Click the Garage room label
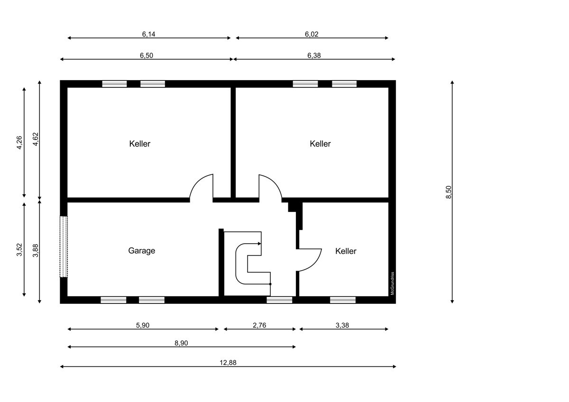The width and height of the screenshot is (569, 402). pyautogui.click(x=141, y=251)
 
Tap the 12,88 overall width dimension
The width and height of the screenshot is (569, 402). pyautogui.click(x=228, y=363)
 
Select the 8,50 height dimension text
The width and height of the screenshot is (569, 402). pyautogui.click(x=449, y=192)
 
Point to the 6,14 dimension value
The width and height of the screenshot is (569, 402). pyautogui.click(x=148, y=34)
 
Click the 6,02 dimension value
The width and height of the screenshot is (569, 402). pyautogui.click(x=312, y=34)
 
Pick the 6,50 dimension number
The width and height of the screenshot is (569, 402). pyautogui.click(x=147, y=55)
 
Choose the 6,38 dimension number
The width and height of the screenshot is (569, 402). pyautogui.click(x=314, y=55)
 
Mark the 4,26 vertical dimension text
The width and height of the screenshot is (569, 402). pyautogui.click(x=19, y=143)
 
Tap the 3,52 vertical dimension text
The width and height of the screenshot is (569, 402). pyautogui.click(x=19, y=250)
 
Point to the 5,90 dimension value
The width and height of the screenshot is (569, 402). pyautogui.click(x=143, y=325)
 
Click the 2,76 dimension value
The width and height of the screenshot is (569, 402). pyautogui.click(x=259, y=325)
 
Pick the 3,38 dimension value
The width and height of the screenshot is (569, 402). pyautogui.click(x=342, y=325)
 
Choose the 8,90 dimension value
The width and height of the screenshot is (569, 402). pyautogui.click(x=181, y=343)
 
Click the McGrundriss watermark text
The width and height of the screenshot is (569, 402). pyautogui.click(x=392, y=283)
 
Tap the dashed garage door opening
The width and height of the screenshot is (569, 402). pyautogui.click(x=64, y=247)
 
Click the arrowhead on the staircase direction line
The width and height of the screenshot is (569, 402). pyautogui.click(x=260, y=244)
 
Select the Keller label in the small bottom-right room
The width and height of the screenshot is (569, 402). pyautogui.click(x=346, y=251)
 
